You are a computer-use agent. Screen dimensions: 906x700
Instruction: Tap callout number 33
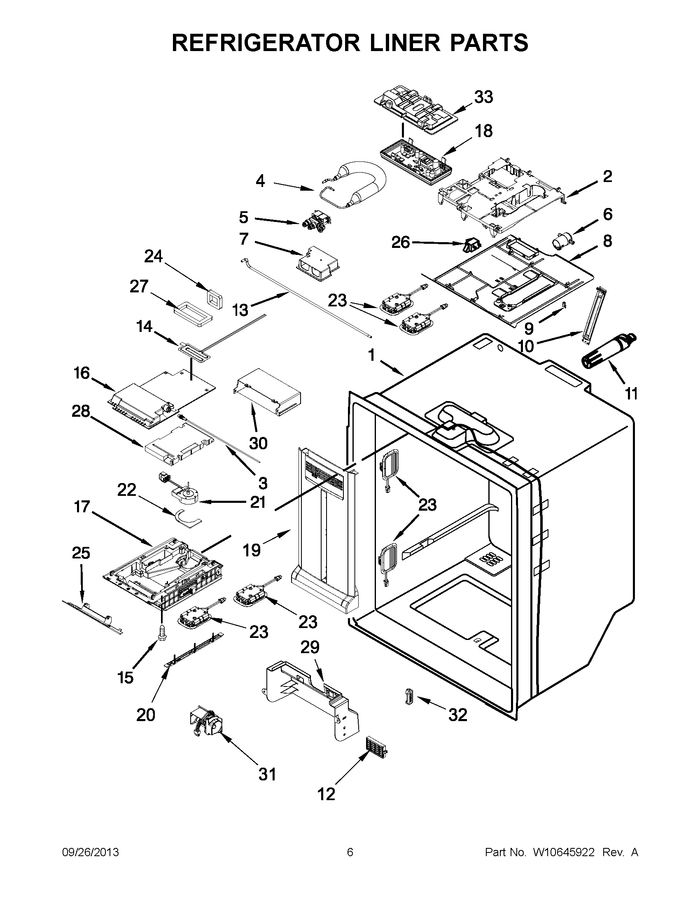point(483,97)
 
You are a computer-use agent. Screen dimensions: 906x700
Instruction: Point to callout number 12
point(326,794)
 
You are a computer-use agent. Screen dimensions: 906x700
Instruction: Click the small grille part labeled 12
point(376,748)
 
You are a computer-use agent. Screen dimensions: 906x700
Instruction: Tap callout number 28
point(81,411)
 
